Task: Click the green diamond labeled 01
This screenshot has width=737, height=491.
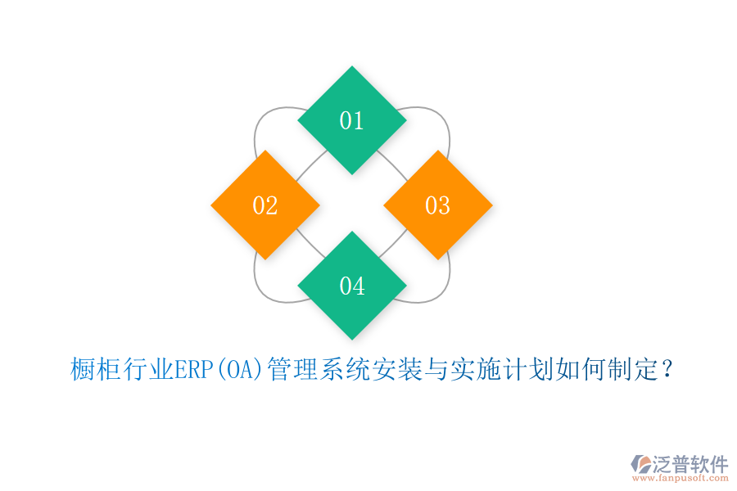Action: [352, 120]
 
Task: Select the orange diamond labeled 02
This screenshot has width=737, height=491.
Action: [265, 205]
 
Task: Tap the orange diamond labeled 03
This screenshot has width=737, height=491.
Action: [438, 205]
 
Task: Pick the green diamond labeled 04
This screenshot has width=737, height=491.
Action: [352, 286]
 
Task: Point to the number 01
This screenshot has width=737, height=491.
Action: [352, 120]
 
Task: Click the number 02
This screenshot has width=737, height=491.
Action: [265, 205]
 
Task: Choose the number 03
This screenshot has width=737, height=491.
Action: [438, 205]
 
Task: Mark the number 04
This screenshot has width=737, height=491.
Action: [352, 286]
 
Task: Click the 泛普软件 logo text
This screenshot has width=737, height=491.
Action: [691, 464]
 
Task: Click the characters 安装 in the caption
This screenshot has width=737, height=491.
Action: [398, 371]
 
